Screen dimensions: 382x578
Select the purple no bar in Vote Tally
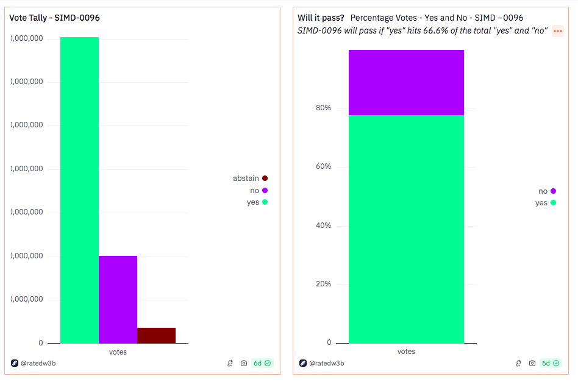(118, 299)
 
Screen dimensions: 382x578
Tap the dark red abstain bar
(156, 335)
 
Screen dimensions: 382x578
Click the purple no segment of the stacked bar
(406, 82)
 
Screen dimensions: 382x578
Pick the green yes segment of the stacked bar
(406, 228)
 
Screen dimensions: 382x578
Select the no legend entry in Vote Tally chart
(255, 191)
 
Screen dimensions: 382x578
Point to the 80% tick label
(323, 108)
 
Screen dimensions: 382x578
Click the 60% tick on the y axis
(323, 167)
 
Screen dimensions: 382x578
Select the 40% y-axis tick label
(323, 225)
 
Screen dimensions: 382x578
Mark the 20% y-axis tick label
(323, 284)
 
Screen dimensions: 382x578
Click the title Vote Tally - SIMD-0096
(54, 18)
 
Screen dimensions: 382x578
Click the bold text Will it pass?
(321, 18)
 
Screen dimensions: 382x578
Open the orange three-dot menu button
(558, 31)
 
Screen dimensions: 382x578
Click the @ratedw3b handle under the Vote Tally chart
(38, 363)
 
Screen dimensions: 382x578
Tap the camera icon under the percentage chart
(532, 363)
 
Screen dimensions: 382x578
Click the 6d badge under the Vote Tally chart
(262, 363)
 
